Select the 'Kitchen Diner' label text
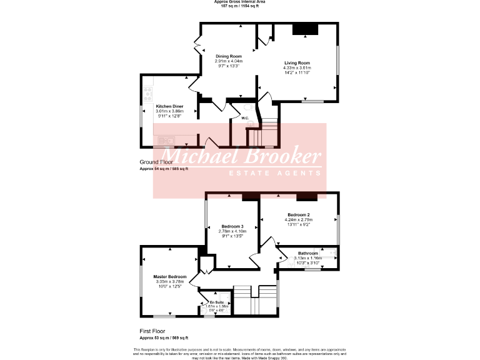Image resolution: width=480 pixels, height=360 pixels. [x=169, y=106]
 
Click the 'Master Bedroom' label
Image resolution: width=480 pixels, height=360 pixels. [x=170, y=276]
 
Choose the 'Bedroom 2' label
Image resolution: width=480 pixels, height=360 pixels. [x=299, y=215]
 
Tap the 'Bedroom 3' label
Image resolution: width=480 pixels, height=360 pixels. [x=232, y=226]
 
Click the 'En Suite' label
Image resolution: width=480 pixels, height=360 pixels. [x=216, y=302]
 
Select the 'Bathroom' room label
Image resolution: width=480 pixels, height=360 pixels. [x=307, y=253]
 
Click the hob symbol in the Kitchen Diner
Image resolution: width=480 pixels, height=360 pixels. [x=148, y=94]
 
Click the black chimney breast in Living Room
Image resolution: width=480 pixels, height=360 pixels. [x=306, y=29]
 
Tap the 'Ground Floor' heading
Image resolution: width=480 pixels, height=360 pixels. [x=156, y=162]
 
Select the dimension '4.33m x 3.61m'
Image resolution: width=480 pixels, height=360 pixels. [x=297, y=68]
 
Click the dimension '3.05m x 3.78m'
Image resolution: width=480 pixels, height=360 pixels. [x=170, y=281]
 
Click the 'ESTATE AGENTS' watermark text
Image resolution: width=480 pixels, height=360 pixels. [x=275, y=173]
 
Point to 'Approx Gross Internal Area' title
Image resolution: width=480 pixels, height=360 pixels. [x=240, y=2]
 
